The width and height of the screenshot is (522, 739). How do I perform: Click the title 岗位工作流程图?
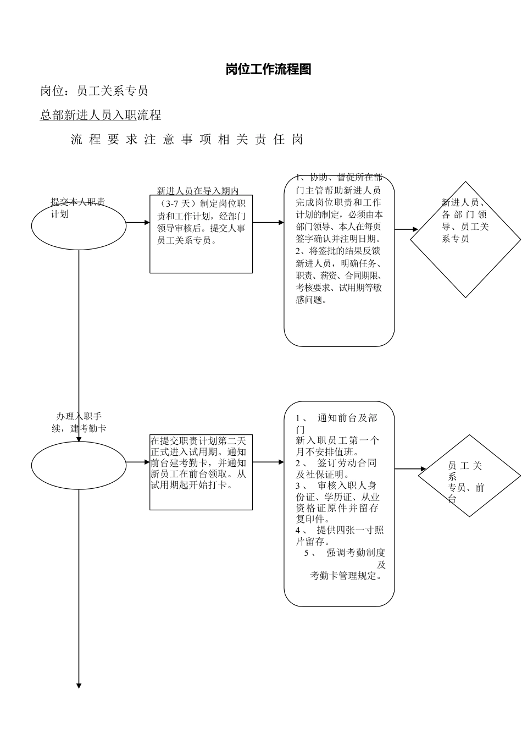tap(268, 69)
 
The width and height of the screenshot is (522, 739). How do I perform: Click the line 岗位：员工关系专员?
tap(94, 91)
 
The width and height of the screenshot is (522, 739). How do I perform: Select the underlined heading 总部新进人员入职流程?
tap(101, 115)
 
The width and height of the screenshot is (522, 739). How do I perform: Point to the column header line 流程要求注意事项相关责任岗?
tap(187, 140)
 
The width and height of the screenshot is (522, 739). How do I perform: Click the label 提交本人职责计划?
tap(77, 208)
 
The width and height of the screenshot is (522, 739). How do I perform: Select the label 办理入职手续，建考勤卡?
tap(79, 422)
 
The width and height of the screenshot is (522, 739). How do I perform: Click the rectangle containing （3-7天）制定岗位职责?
tap(201, 234)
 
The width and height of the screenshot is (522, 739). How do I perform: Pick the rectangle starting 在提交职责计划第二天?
tap(201, 472)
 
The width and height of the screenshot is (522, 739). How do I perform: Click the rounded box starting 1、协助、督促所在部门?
tap(339, 260)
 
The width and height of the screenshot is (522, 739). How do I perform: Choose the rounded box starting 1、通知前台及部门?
tap(339, 504)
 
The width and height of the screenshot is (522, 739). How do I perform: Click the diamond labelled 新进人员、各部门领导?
tap(465, 239)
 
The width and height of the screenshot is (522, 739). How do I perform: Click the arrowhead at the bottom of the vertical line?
tap(79, 686)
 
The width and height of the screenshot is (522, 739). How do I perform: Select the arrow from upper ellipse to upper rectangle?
tap(138, 223)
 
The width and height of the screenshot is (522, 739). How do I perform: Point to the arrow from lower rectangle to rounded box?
tap(268, 462)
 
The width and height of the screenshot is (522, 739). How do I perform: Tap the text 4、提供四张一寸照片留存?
tap(339, 536)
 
